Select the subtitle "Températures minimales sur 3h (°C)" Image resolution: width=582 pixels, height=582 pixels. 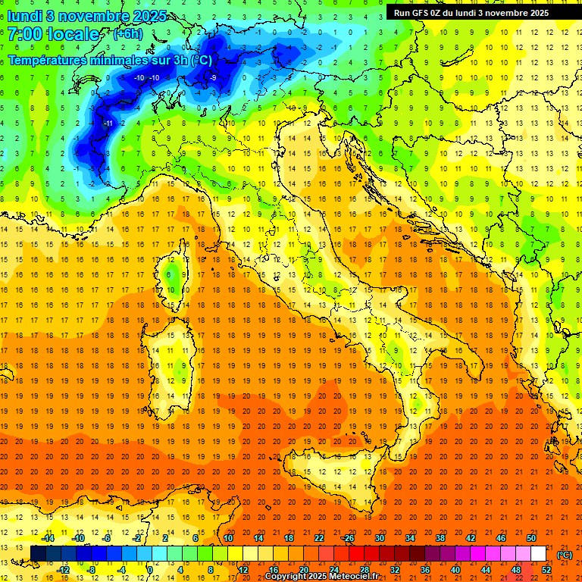[x=110, y=60]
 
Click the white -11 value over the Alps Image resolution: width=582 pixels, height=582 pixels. [x=108, y=123]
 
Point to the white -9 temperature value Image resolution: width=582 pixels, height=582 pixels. [x=214, y=78]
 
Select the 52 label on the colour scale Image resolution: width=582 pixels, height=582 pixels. [x=546, y=569]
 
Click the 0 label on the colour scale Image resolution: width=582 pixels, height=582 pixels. [x=150, y=569]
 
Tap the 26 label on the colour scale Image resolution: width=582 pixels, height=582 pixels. [x=349, y=538]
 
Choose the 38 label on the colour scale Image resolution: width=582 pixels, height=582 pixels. [x=440, y=538]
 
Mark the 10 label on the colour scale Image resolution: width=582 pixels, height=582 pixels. [x=227, y=538]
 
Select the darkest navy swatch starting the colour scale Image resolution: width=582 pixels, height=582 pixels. [x=37, y=553]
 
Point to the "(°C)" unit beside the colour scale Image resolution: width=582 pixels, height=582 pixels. [x=565, y=555]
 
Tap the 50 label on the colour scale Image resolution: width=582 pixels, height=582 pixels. [x=531, y=538]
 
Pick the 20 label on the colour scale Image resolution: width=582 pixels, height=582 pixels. [x=303, y=569]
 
